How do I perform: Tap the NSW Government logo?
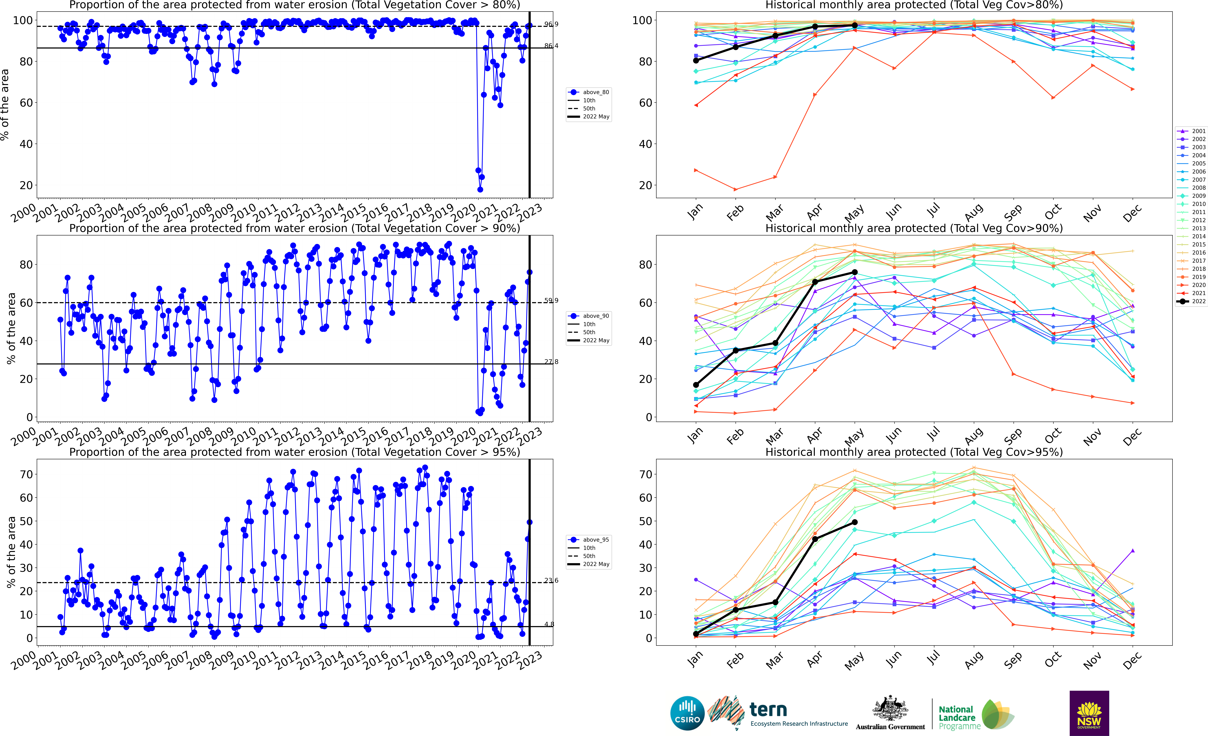(1089, 713)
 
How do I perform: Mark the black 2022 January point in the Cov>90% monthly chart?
(696, 385)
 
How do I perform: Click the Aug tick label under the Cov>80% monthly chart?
(973, 212)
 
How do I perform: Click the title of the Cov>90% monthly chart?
(914, 228)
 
